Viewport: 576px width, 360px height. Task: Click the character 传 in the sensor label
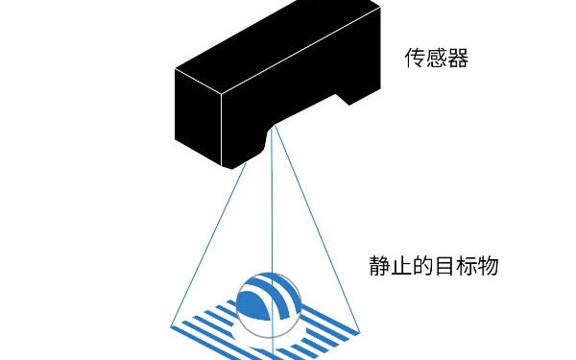coord(416,60)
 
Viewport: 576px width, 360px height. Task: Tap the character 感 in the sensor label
coord(437,60)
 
